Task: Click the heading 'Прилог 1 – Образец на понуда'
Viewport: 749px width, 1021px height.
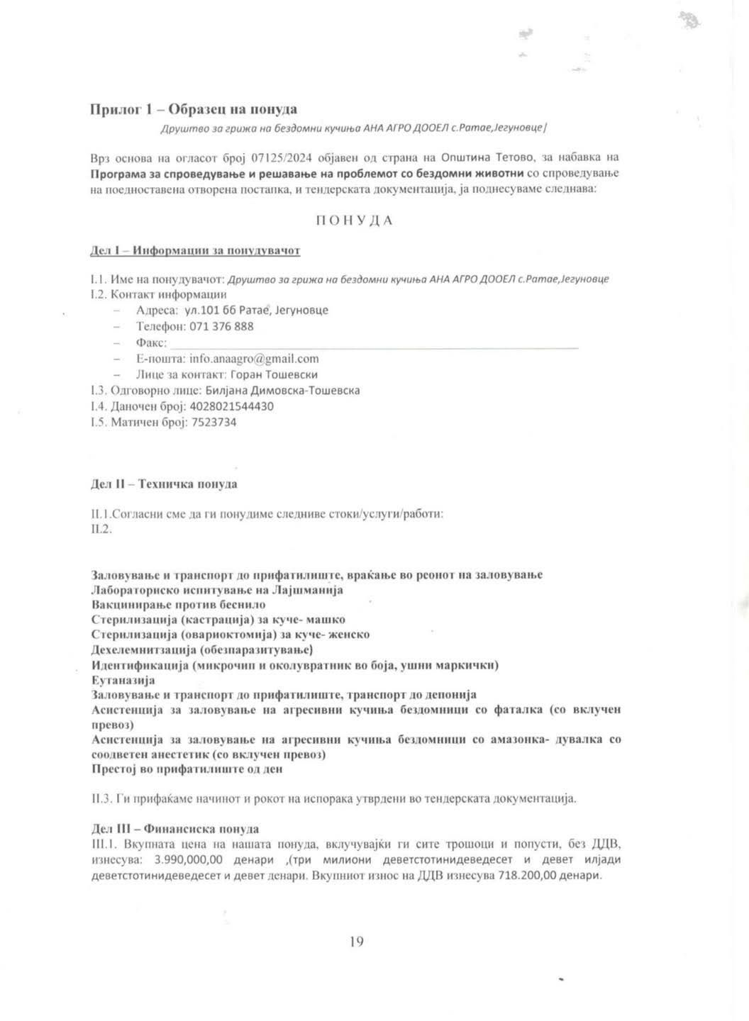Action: pos(194,109)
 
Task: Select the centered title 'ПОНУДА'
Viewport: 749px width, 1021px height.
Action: pos(354,221)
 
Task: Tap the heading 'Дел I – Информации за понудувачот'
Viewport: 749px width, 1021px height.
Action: pos(196,251)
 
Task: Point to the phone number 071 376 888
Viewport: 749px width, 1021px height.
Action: pos(221,327)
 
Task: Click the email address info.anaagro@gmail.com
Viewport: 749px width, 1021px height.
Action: pos(254,359)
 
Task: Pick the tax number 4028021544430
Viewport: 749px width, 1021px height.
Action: pos(233,406)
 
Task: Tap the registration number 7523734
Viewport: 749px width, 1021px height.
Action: pos(214,423)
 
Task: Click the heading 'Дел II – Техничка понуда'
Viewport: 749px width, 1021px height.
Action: pos(165,484)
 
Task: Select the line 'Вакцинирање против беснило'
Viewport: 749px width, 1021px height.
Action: pos(179,605)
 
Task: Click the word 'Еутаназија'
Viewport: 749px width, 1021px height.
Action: pos(123,680)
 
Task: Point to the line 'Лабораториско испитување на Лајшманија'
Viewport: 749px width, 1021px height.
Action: pos(218,590)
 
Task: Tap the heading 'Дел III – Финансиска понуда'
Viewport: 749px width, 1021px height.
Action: pos(175,829)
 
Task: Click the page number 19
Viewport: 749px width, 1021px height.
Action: pos(357,942)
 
